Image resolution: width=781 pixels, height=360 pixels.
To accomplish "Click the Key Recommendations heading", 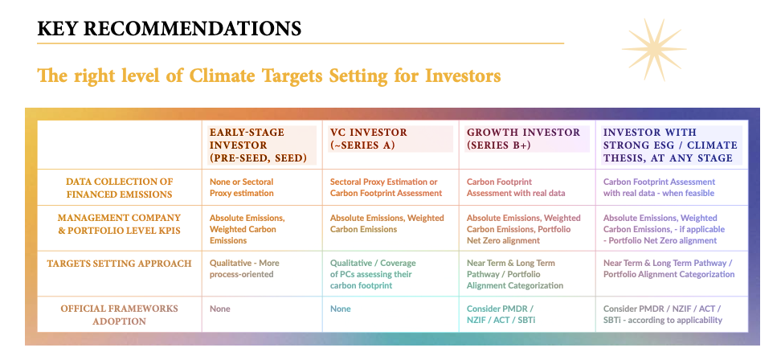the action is [170, 29].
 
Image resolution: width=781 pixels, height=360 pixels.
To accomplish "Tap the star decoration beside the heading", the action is [653, 49].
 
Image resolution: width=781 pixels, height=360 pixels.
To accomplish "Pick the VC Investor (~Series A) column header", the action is [369, 139].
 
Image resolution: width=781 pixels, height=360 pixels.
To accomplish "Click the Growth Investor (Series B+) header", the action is [524, 139].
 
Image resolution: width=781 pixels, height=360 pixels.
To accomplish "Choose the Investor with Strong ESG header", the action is [670, 145].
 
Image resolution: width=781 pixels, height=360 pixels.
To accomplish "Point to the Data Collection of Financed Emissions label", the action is [120, 188].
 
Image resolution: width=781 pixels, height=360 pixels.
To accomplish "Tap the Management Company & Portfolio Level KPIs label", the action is [120, 224].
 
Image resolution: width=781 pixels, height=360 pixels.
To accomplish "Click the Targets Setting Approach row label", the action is [120, 264].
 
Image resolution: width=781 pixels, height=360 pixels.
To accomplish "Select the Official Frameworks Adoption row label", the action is [120, 315].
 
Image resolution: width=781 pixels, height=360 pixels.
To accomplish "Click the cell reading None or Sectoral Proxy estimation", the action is [242, 187].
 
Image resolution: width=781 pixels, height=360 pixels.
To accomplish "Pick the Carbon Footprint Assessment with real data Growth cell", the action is [516, 187].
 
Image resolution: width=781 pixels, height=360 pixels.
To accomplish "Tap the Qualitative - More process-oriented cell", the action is [244, 268].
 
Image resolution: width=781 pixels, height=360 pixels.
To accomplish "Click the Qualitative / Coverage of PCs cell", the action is [373, 274].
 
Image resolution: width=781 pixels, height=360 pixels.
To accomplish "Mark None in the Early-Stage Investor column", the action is [220, 309].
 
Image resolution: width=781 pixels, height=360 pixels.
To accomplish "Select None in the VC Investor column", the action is [341, 309].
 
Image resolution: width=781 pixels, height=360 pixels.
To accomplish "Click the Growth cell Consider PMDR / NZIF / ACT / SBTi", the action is [504, 314].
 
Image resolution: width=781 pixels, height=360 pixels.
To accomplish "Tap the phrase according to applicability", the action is [677, 320].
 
